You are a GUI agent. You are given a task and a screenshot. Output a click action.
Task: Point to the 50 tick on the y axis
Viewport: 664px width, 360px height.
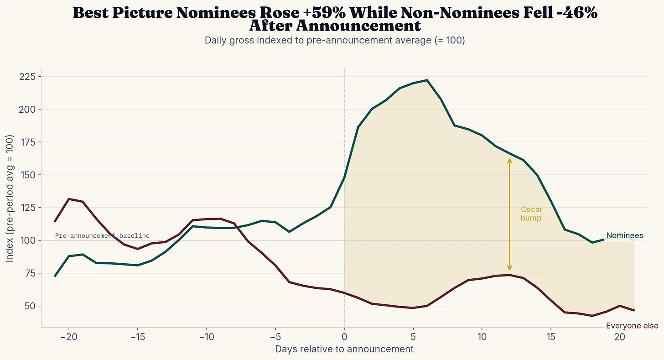click(x=30, y=306)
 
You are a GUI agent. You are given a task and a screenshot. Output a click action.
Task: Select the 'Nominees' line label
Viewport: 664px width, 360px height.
click(x=624, y=236)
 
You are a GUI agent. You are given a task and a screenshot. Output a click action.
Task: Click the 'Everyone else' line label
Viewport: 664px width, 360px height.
click(x=632, y=326)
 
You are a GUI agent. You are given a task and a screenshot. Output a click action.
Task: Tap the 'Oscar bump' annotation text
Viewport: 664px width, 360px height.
click(x=531, y=214)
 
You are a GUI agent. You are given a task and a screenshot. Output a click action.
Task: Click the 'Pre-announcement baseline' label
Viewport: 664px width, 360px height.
click(x=102, y=236)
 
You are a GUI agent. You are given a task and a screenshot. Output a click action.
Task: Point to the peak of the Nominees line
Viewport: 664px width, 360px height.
click(x=427, y=80)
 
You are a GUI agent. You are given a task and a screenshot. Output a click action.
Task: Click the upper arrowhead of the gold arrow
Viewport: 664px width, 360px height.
click(x=509, y=160)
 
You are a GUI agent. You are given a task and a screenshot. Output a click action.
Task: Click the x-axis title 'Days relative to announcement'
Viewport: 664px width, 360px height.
click(x=344, y=350)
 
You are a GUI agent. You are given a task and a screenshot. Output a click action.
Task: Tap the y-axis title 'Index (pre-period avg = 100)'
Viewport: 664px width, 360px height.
click(x=10, y=198)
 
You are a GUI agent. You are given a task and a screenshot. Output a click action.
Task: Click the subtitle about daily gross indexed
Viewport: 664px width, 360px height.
click(x=334, y=40)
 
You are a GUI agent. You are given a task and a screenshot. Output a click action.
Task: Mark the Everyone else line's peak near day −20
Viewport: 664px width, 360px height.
click(x=68, y=199)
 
